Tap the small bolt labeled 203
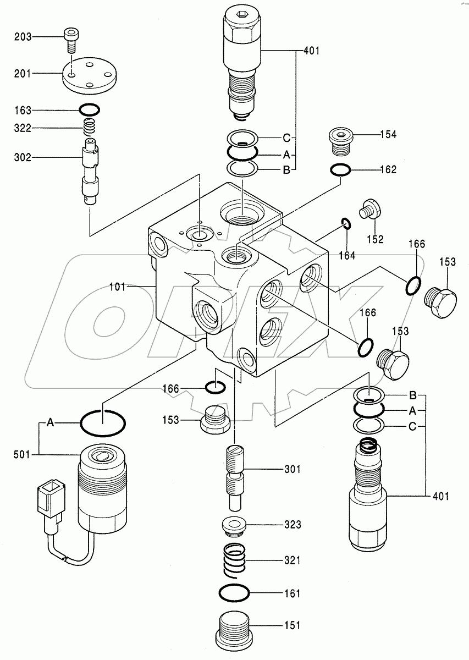click(70, 39)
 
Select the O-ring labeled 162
click(341, 170)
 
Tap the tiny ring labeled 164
click(346, 223)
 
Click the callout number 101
click(118, 286)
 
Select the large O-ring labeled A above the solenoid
click(103, 424)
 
